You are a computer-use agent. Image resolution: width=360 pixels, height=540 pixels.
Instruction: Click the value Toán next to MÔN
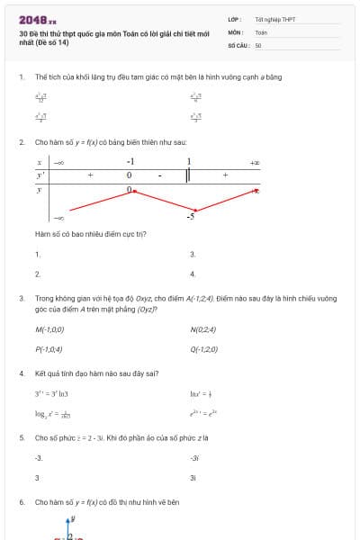(x=261, y=31)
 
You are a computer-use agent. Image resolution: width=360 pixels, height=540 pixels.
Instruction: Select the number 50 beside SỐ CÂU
(x=258, y=44)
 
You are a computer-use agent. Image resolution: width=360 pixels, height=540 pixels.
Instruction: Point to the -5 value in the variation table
(x=191, y=217)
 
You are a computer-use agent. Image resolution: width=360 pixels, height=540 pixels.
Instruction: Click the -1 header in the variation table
(x=130, y=162)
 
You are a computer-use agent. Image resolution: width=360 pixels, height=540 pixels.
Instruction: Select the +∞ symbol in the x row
(x=255, y=162)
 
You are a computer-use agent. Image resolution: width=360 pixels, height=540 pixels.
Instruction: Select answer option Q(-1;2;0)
(x=203, y=348)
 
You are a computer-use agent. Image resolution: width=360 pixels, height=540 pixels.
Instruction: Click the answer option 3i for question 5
(x=193, y=477)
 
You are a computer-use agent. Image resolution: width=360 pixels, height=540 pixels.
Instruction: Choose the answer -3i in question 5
(x=194, y=458)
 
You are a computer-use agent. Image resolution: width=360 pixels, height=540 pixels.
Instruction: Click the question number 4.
(x=21, y=373)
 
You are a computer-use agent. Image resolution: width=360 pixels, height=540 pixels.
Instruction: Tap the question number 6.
(x=21, y=501)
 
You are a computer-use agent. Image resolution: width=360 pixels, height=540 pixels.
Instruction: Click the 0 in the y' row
(x=129, y=175)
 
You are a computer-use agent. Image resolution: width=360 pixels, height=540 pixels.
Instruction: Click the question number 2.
(x=21, y=142)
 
